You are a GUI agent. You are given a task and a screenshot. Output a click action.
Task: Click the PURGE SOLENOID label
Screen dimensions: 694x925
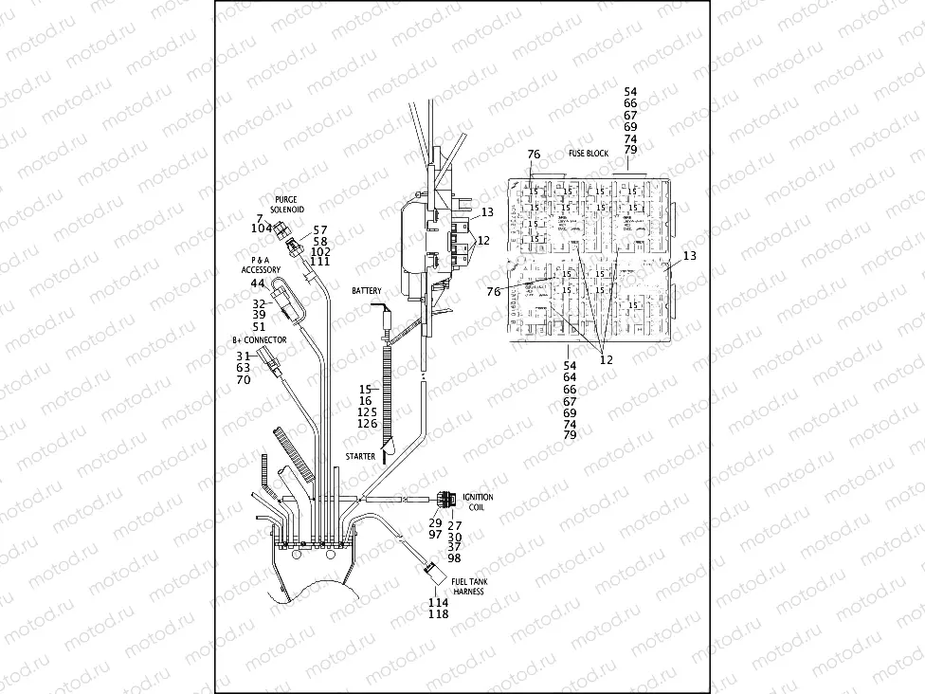point(286,204)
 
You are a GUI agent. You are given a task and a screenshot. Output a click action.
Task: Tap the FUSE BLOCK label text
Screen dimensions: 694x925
point(589,154)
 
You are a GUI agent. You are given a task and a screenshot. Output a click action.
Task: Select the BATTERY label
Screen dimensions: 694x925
point(367,289)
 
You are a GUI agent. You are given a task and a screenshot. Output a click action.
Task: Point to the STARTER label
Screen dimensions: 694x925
point(360,457)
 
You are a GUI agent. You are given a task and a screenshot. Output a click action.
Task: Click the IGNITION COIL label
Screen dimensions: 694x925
point(478,502)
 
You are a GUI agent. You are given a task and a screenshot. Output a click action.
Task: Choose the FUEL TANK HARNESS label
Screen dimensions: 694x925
point(468,587)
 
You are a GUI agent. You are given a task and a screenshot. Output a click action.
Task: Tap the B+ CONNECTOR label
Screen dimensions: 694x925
point(259,339)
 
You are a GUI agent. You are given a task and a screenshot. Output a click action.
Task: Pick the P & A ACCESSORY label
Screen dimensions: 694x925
point(266,265)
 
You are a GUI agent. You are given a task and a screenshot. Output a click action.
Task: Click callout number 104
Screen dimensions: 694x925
point(263,228)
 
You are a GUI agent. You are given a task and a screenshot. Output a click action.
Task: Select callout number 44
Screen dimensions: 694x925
point(258,283)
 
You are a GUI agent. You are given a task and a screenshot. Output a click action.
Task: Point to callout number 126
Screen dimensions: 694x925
point(367,423)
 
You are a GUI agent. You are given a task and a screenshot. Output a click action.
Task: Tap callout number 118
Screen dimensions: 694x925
point(438,613)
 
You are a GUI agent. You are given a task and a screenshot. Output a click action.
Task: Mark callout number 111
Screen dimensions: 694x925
point(320,262)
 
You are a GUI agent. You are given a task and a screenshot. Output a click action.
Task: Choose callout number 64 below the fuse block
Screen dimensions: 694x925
point(570,377)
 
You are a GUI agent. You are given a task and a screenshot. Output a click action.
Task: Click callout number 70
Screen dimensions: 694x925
point(244,380)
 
